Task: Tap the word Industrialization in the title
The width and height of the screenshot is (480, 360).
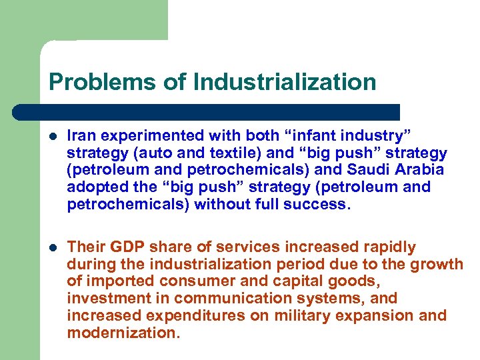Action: click(285, 82)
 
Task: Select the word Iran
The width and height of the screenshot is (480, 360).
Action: click(81, 135)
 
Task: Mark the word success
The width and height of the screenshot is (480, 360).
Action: click(317, 205)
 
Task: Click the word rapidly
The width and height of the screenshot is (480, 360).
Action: click(385, 247)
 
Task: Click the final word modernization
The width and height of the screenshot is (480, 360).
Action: click(123, 333)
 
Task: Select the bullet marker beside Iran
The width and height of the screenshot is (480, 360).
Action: click(53, 136)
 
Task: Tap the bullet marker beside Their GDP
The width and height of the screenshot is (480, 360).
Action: click(53, 247)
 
